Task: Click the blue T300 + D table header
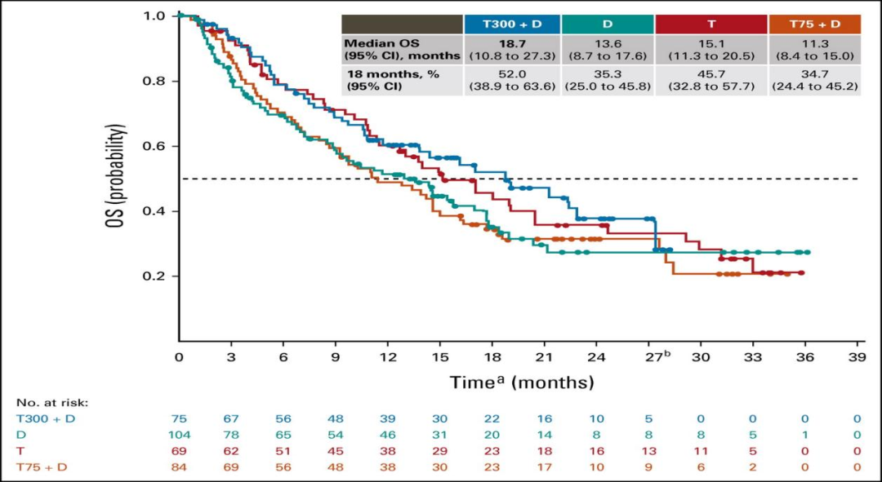(x=512, y=24)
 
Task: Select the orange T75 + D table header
(x=813, y=24)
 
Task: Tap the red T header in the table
(x=710, y=24)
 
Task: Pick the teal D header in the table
(x=608, y=24)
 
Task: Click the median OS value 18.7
(x=512, y=44)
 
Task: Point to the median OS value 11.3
(x=813, y=44)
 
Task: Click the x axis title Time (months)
(x=520, y=381)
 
